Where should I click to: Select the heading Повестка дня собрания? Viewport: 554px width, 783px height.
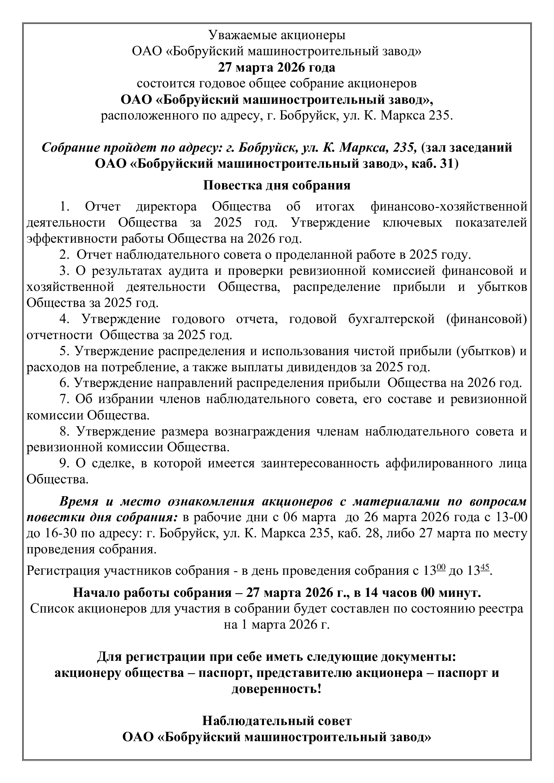tap(277, 185)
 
